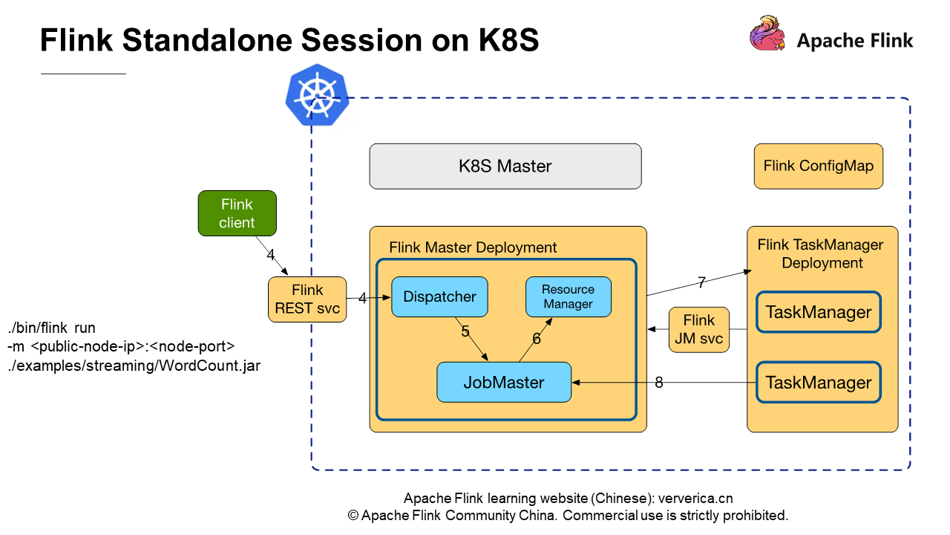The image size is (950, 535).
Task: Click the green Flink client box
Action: click(237, 213)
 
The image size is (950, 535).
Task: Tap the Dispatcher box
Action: click(439, 296)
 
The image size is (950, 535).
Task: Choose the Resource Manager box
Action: click(568, 296)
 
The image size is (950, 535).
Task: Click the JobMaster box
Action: click(504, 383)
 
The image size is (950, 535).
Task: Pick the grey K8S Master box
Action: click(505, 166)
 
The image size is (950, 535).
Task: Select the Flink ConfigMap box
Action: click(818, 166)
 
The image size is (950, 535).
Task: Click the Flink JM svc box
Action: click(698, 330)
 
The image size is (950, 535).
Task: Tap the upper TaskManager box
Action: click(818, 312)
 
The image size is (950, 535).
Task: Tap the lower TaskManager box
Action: click(818, 383)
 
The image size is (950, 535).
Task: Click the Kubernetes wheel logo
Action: click(317, 95)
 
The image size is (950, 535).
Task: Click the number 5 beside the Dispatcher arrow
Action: click(465, 331)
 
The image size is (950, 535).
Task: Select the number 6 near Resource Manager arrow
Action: click(537, 338)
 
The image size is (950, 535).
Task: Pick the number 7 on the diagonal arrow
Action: click(701, 282)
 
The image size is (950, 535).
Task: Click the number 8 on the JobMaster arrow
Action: click(659, 383)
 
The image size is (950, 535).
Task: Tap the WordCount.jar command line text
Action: click(134, 366)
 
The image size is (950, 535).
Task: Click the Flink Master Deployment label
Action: click(473, 247)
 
